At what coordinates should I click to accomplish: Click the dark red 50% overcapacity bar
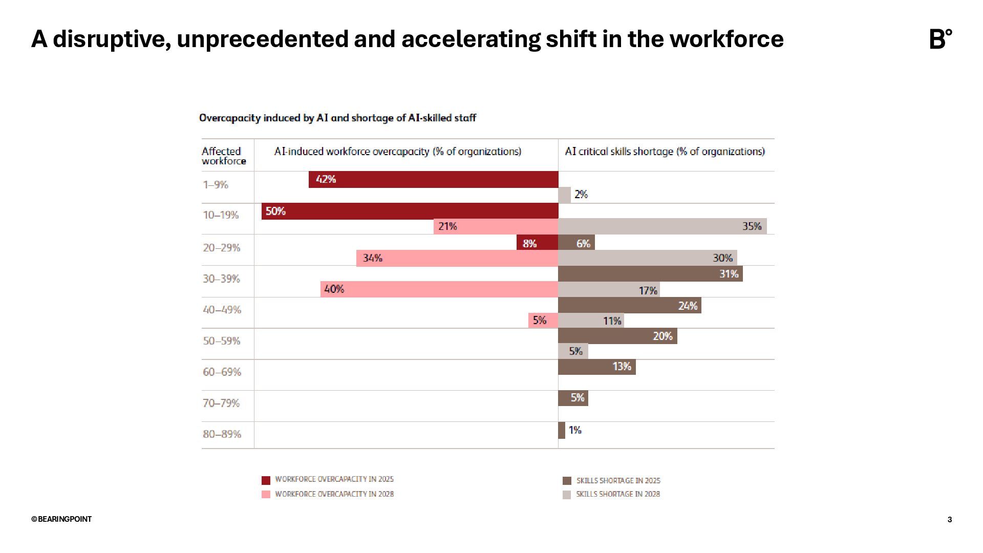[410, 211]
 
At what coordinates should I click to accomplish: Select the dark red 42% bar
[433, 179]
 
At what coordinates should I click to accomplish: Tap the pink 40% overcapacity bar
[439, 289]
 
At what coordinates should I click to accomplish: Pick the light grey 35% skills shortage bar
[662, 226]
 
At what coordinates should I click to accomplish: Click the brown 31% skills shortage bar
[650, 274]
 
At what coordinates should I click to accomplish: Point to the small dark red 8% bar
[537, 243]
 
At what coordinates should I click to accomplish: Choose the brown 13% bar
[597, 367]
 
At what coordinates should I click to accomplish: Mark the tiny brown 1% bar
[562, 430]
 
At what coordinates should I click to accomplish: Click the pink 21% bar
[496, 226]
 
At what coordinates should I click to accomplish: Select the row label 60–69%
[222, 372]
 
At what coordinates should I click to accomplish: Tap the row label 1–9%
[216, 185]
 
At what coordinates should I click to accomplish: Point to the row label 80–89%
[222, 434]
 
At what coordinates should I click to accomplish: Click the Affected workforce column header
[224, 156]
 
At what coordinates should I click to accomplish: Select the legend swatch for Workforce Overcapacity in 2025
[266, 480]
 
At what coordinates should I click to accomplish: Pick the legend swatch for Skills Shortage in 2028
[567, 495]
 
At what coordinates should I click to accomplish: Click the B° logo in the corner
[941, 39]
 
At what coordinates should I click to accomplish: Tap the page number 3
[950, 520]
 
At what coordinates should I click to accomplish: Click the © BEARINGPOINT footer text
[61, 519]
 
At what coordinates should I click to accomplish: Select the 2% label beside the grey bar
[581, 195]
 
